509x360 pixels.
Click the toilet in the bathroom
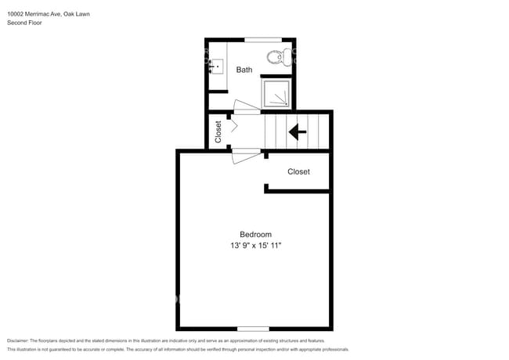point(276,56)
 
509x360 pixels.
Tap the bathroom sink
point(217,67)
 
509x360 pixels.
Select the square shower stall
point(276,93)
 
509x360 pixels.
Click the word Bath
point(244,70)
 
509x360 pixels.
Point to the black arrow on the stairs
point(298,131)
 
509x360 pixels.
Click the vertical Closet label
point(218,131)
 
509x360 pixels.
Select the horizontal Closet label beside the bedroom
point(298,171)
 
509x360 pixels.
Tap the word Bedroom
point(255,234)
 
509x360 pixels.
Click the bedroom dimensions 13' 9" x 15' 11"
point(255,246)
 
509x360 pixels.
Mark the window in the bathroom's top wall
point(260,39)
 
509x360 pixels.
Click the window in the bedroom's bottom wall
point(253,328)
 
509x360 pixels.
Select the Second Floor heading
point(24,23)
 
